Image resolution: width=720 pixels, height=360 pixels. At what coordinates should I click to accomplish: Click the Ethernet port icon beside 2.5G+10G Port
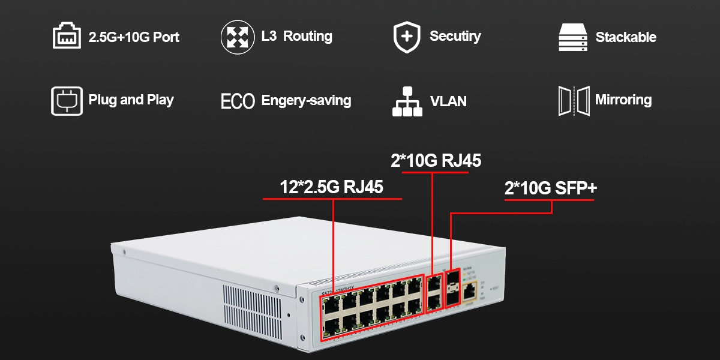click(67, 36)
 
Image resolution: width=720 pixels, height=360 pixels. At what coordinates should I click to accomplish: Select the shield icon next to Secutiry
click(406, 37)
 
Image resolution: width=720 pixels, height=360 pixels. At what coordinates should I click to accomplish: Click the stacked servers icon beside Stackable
click(571, 38)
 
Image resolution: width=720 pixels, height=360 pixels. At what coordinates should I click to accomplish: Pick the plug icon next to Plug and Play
click(67, 100)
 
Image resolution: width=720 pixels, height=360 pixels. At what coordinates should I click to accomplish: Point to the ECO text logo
click(238, 101)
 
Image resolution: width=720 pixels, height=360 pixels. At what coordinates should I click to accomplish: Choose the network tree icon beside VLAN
click(406, 101)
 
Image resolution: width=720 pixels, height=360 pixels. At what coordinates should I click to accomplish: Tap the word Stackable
click(625, 37)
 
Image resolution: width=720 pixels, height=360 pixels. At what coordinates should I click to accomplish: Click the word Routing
click(307, 36)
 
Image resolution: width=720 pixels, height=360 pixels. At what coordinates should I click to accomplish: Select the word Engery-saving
click(306, 101)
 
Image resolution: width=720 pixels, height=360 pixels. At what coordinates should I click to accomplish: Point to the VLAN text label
click(448, 101)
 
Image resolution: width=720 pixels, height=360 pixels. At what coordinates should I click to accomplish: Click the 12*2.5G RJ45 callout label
click(331, 187)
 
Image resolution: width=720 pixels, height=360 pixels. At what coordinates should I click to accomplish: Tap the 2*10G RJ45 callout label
click(434, 161)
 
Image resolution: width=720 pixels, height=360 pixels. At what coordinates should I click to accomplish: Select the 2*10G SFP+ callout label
click(550, 188)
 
